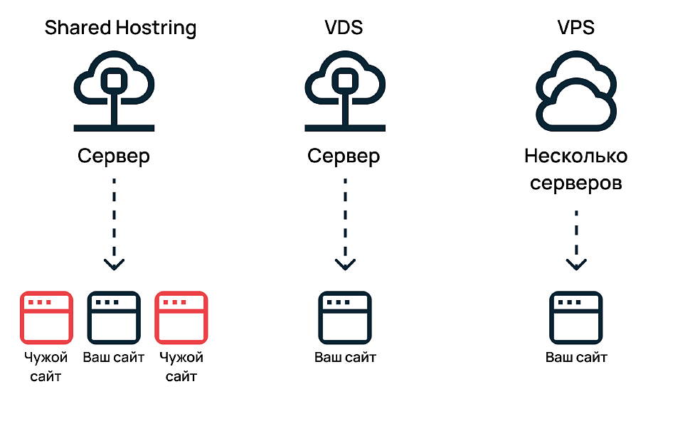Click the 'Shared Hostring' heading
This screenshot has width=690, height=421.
pos(120,28)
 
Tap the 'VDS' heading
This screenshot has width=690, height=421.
pos(345,28)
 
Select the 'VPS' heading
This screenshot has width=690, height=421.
pos(575,28)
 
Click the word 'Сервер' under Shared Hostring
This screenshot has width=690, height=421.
pos(114,156)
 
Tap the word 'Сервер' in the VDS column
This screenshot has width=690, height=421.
pos(344,156)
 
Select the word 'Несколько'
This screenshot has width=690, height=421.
pos(575,156)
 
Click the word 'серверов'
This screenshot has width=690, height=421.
pos(575,183)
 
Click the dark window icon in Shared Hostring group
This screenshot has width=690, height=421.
pos(114,317)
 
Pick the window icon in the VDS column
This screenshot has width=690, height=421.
pos(345,317)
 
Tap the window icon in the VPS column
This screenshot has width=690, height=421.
pos(575,317)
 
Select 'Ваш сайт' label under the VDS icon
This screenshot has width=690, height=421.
pos(345,357)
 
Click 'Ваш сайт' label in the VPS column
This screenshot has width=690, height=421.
pos(575,357)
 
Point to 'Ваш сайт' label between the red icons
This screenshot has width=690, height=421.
pos(114,357)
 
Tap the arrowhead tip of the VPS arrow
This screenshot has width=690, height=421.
pos(575,269)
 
